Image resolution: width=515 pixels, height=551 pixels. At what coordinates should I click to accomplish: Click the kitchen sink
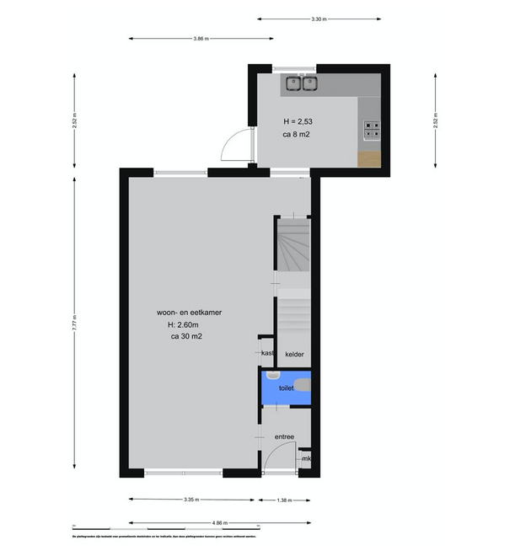[x=300, y=83]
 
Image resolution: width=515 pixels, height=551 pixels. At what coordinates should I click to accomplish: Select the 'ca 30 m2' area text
[x=185, y=337]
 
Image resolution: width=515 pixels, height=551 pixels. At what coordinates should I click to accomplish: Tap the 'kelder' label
[x=294, y=354]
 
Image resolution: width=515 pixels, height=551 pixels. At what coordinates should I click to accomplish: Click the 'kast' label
[x=267, y=353]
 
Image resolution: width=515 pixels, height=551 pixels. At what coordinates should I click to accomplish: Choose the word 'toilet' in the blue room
[x=286, y=388]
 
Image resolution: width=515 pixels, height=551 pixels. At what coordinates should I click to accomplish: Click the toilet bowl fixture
[x=303, y=387]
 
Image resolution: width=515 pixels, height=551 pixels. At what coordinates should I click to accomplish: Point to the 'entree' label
[x=285, y=436]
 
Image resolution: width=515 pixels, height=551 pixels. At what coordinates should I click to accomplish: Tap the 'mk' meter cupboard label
[x=306, y=458]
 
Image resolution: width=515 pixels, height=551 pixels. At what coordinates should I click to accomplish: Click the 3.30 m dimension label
[x=318, y=19]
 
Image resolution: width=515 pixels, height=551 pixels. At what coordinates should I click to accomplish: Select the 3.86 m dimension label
[x=201, y=38]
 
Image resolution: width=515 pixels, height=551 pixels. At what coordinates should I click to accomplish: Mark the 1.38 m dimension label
[x=284, y=500]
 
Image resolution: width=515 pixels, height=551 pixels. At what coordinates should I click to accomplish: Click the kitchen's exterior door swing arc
[x=231, y=145]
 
